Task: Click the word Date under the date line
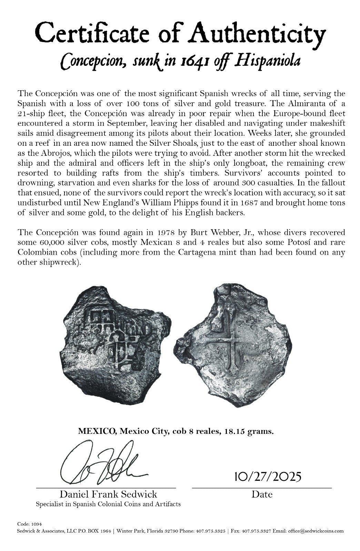262,494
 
